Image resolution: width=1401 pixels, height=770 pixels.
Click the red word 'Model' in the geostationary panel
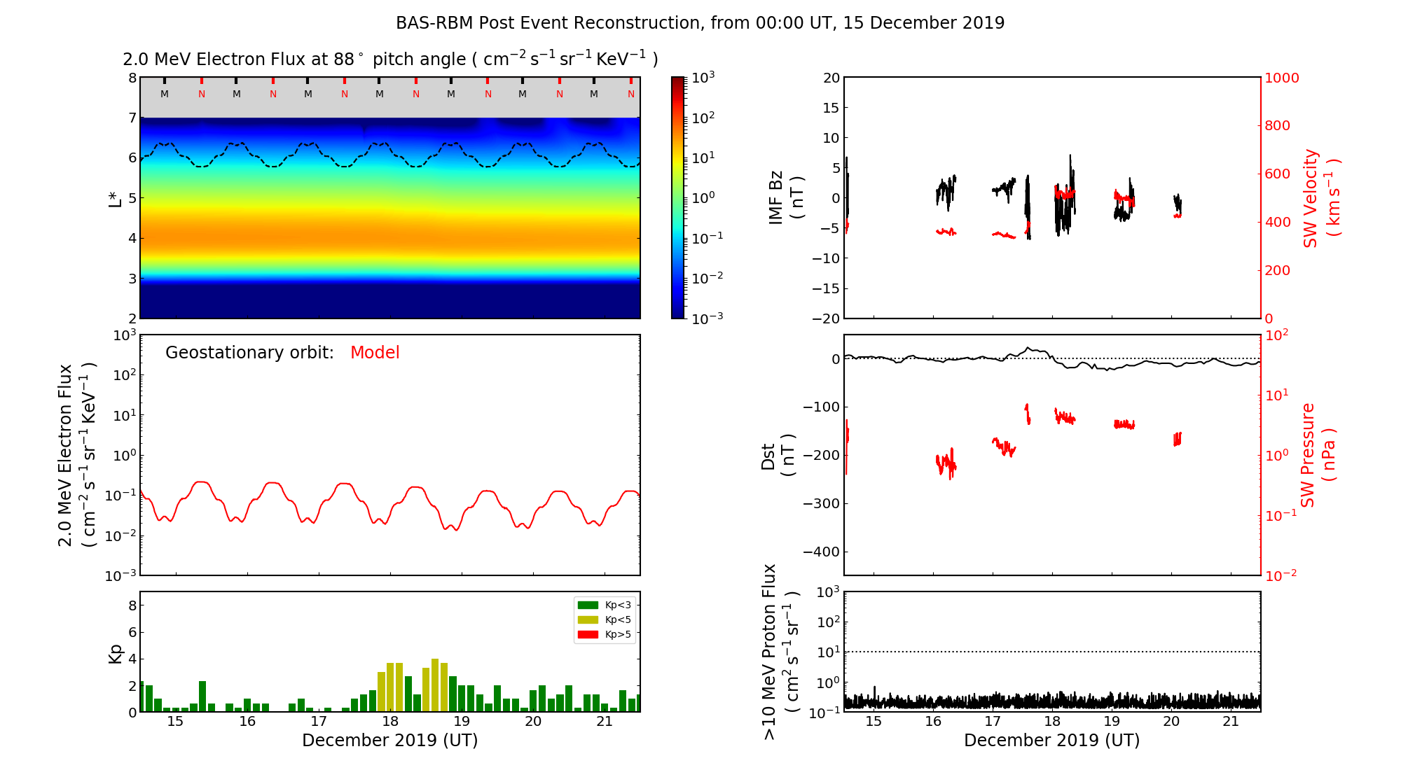(x=375, y=353)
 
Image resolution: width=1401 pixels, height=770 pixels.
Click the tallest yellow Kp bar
(x=435, y=685)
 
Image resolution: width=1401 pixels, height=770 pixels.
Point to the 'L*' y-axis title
(x=115, y=198)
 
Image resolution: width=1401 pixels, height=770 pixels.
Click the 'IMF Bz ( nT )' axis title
(x=786, y=198)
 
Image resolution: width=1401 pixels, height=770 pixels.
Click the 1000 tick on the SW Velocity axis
(x=1281, y=78)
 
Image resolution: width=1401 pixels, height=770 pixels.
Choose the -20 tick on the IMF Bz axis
(x=827, y=318)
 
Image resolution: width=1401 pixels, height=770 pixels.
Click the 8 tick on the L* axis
(x=132, y=78)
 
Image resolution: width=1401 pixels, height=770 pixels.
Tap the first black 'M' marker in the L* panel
(x=165, y=94)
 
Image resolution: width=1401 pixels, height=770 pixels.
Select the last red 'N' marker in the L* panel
(x=631, y=94)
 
